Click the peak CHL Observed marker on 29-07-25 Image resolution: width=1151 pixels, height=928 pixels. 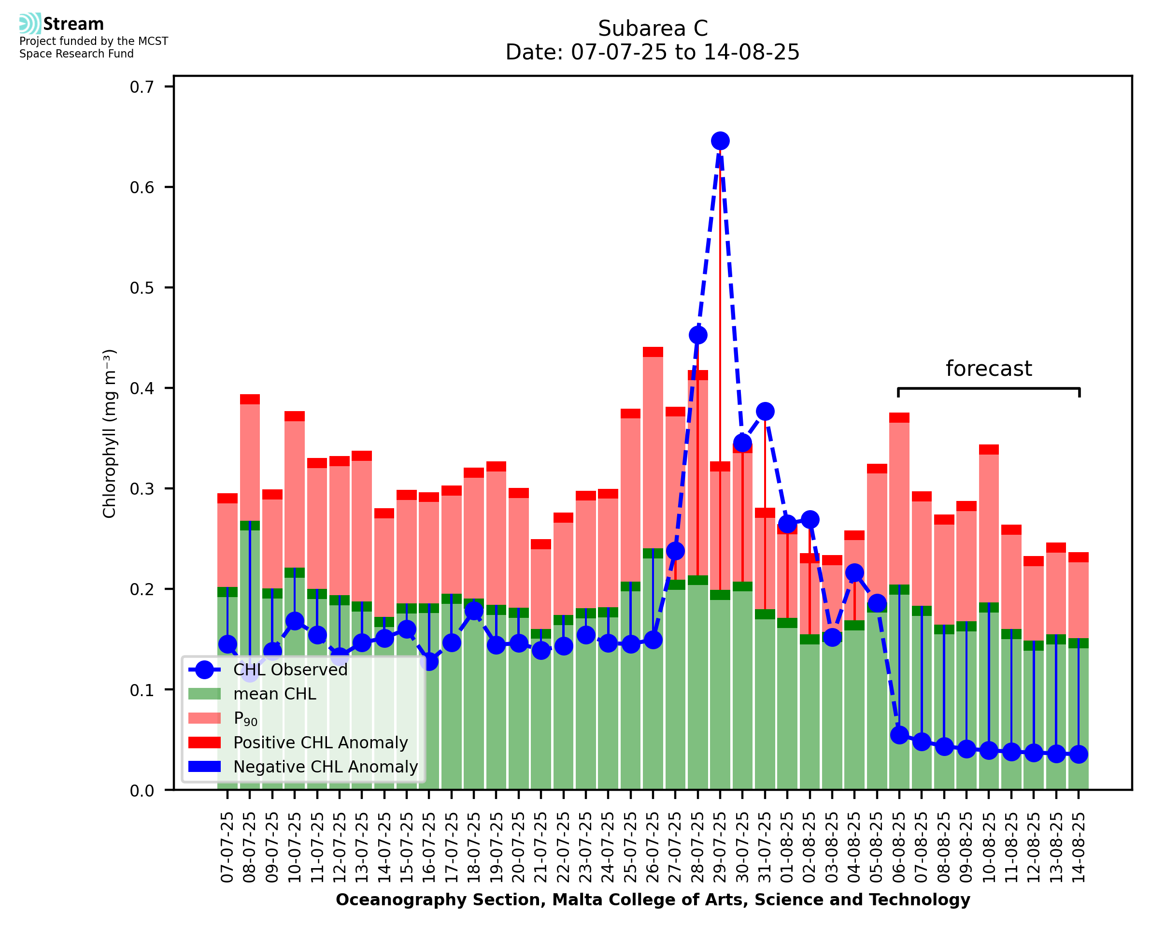(x=720, y=141)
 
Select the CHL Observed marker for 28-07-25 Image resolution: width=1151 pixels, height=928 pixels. (x=698, y=335)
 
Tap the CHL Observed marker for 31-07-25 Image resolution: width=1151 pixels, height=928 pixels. (x=765, y=411)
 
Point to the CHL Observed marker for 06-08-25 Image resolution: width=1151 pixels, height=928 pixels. (x=899, y=735)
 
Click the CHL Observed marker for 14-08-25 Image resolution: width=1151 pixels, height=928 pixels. (x=1079, y=754)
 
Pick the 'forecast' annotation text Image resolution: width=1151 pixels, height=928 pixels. (x=989, y=369)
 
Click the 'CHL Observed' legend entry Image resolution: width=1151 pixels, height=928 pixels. (x=290, y=670)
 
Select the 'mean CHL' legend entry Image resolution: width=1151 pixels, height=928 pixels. (x=275, y=694)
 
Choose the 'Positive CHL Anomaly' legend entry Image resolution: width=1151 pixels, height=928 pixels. (x=321, y=742)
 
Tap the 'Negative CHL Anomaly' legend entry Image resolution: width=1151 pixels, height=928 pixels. (x=326, y=767)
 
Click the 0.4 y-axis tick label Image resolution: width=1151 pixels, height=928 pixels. (x=142, y=388)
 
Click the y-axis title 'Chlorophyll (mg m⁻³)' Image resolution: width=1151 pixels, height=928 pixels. (x=110, y=433)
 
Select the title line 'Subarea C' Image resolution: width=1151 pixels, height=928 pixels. (x=653, y=29)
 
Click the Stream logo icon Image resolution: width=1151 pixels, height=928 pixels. (x=30, y=24)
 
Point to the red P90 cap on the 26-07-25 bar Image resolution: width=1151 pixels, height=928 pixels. (x=653, y=352)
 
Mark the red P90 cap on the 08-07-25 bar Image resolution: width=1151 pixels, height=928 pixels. (x=250, y=400)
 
